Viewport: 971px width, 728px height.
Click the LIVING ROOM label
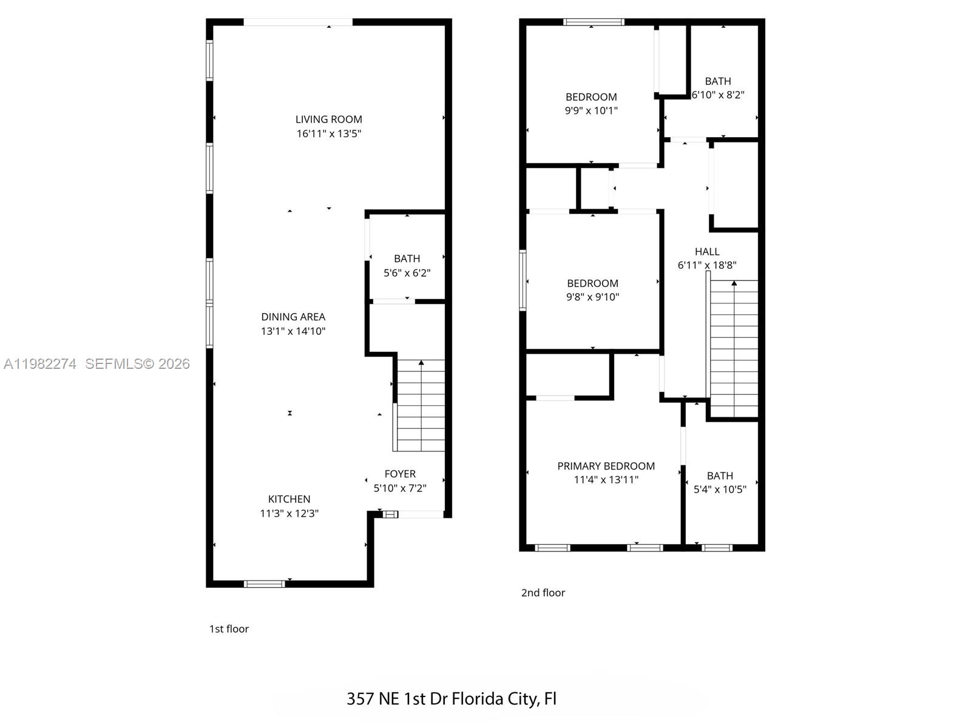pos(328,120)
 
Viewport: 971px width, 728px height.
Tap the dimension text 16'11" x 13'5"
pos(328,133)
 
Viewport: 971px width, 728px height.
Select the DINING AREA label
pos(293,317)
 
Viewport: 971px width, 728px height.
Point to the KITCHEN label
pos(289,499)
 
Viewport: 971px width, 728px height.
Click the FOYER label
pos(400,474)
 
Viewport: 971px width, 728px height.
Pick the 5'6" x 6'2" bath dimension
pos(407,273)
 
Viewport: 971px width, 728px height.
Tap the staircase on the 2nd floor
pos(734,349)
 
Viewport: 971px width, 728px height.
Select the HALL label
pos(707,251)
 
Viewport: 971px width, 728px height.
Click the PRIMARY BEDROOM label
pos(606,466)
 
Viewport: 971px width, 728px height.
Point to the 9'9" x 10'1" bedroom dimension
pos(591,110)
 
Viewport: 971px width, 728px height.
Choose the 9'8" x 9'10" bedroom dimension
pos(592,297)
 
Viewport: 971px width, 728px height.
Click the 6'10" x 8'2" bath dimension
pos(718,95)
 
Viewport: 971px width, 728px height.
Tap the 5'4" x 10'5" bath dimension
pos(720,489)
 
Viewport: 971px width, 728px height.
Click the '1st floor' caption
pos(229,629)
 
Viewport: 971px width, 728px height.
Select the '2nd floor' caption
pos(543,593)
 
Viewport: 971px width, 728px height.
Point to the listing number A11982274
pos(40,364)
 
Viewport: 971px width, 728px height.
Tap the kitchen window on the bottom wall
pos(264,584)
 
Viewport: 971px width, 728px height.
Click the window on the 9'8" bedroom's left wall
pos(523,280)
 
